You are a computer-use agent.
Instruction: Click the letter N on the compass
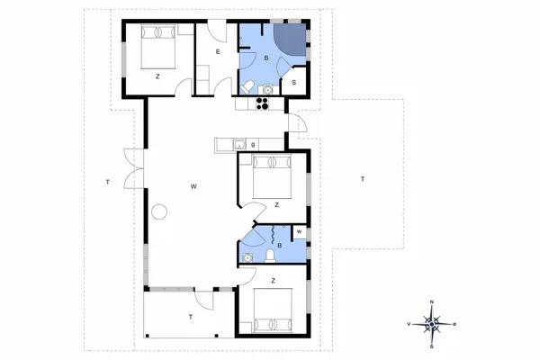click(x=432, y=302)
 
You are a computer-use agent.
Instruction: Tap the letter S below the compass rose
click(x=432, y=344)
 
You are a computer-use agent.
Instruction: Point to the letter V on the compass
click(x=410, y=323)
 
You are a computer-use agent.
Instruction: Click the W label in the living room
click(x=193, y=186)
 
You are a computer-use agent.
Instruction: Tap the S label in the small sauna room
click(x=295, y=83)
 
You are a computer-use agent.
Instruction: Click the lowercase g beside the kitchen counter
click(x=254, y=143)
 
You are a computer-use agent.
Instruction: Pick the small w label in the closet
click(x=298, y=232)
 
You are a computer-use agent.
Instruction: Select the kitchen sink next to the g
click(x=238, y=144)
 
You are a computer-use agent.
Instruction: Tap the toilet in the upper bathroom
click(x=246, y=86)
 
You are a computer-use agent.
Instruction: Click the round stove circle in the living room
click(x=160, y=212)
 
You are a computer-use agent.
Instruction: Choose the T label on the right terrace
click(x=362, y=179)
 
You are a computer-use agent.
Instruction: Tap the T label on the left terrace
click(x=106, y=183)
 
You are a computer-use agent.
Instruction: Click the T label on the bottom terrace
click(x=190, y=318)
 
